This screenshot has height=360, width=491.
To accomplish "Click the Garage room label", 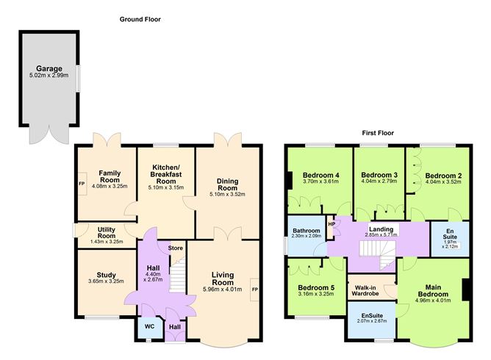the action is point(49,68).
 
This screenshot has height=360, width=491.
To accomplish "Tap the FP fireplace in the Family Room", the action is point(82,184).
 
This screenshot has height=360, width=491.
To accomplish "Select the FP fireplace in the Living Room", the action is point(254,289).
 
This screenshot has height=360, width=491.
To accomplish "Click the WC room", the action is point(150,328).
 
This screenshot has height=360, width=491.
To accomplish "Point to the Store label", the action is point(176,248).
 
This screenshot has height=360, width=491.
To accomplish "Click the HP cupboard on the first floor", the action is point(331,224).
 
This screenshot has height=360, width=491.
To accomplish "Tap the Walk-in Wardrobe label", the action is point(365,290).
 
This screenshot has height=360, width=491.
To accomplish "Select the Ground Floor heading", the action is point(140,19).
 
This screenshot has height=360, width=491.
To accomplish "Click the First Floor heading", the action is point(378,133).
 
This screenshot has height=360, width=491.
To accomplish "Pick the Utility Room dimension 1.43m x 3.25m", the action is point(107,242).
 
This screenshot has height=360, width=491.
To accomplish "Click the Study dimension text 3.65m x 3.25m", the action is point(106,281).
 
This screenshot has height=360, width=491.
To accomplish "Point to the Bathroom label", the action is point(307,231).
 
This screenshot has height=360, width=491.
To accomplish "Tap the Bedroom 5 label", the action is point(316,288).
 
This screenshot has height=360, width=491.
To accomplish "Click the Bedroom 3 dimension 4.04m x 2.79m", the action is point(379,181).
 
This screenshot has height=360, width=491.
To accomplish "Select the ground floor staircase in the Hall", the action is point(178,275).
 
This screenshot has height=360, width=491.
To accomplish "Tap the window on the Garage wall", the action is point(78,79).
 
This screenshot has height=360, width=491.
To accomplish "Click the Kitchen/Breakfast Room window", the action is point(166,145).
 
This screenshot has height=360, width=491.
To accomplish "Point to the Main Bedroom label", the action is point(433,291).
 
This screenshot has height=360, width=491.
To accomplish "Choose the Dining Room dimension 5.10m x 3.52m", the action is point(227,194).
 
